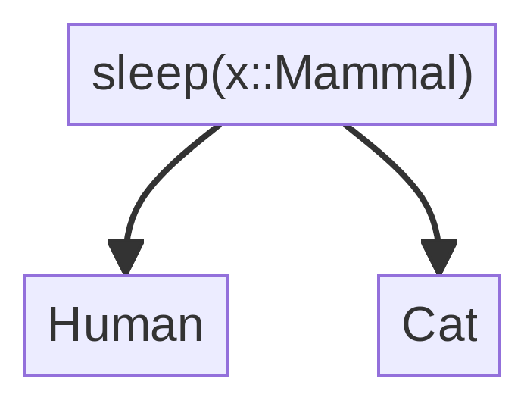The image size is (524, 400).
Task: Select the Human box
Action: [126, 326]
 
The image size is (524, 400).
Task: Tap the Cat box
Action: [439, 326]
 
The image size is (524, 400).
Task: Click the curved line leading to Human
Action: [151, 182]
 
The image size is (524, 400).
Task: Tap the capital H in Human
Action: [64, 326]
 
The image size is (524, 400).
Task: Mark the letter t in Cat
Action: [469, 326]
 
